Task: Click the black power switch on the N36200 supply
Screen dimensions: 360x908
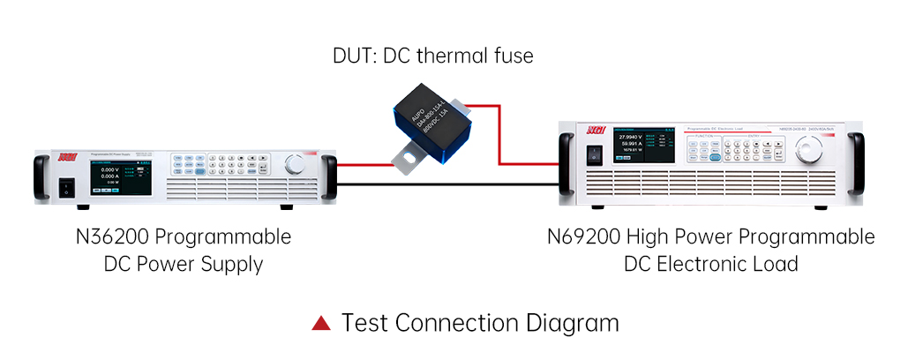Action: (x=65, y=185)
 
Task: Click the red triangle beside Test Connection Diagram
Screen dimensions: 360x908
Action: (x=321, y=323)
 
